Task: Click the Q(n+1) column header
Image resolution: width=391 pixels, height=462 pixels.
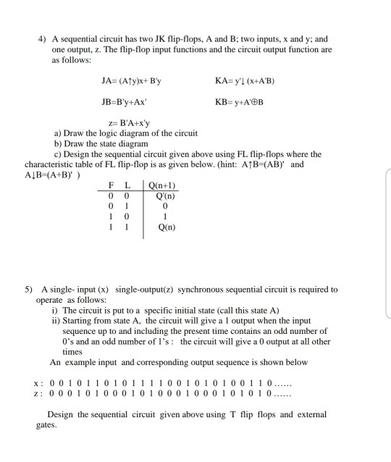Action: [x=161, y=187]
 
